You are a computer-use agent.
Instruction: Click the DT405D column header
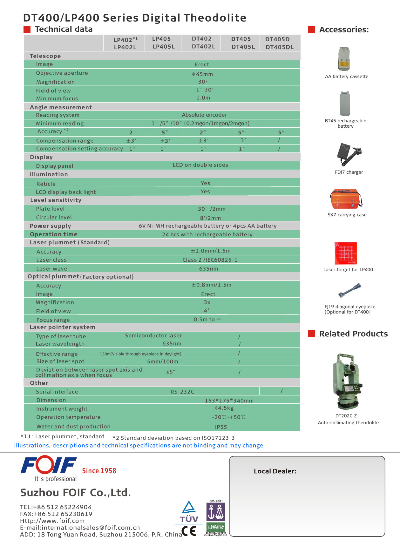(x=278, y=39)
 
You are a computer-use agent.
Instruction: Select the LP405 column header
(x=161, y=39)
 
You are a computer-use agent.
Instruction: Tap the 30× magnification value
(x=202, y=82)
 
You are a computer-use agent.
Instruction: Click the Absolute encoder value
(x=204, y=115)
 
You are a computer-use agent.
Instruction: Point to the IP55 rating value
(x=221, y=427)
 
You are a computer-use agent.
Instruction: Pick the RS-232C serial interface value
(x=182, y=392)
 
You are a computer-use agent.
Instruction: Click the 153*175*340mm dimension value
(x=229, y=401)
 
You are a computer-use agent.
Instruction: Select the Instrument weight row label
(x=62, y=409)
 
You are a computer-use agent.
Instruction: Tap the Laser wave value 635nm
(x=208, y=269)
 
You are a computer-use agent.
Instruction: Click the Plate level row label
(x=50, y=209)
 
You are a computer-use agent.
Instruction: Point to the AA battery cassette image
(x=344, y=59)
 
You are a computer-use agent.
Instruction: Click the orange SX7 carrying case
(x=346, y=199)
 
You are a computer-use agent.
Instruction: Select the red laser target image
(x=346, y=253)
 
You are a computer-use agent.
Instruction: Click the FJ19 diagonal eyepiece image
(x=349, y=290)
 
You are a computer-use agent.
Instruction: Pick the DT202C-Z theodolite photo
(x=348, y=381)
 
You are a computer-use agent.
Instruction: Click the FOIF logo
(x=49, y=466)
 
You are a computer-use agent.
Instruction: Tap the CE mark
(x=189, y=530)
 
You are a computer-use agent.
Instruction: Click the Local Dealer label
(x=275, y=471)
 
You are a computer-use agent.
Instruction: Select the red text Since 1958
(x=99, y=471)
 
